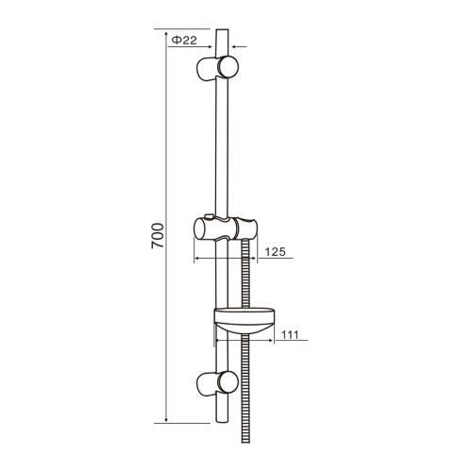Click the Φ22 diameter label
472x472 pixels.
[184, 41]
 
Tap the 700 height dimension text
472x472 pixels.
[158, 236]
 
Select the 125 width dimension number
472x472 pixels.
[275, 252]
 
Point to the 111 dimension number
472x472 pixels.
[290, 334]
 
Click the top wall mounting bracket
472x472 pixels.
[217, 67]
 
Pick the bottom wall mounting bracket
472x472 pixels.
[217, 381]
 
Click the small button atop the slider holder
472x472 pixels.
[209, 216]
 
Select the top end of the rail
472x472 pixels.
[222, 30]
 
